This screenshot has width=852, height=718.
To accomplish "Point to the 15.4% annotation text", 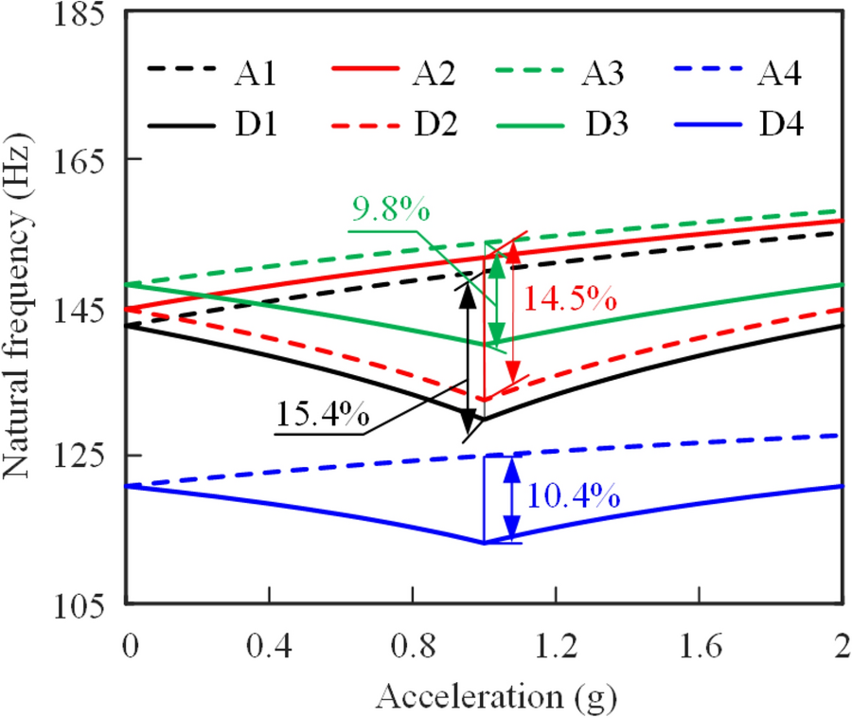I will [x=322, y=417].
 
